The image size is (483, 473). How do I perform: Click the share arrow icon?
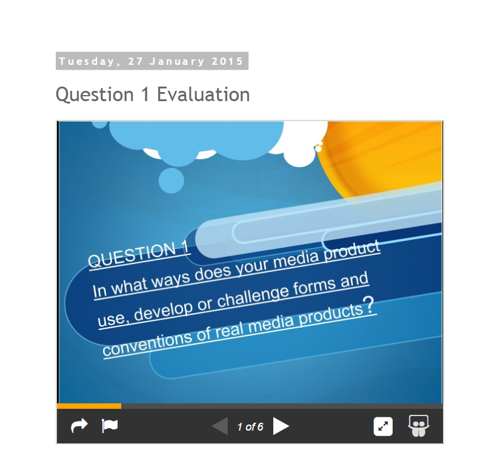pos(79,426)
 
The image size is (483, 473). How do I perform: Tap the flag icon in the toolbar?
pos(109,426)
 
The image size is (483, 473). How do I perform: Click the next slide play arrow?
pos(281,426)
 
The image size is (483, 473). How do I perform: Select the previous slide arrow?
pos(220,426)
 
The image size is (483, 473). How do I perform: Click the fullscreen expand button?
pos(383,426)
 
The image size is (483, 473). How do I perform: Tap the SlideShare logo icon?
pos(419,426)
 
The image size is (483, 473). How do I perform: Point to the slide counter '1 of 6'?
pos(250,427)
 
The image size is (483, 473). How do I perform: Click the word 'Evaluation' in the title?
pos(203,94)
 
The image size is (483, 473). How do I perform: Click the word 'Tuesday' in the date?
pos(86,61)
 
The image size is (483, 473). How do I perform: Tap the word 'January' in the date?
pos(177,61)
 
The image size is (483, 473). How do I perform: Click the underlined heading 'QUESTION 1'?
pos(139,254)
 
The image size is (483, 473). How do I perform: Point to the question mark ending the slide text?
pos(368,306)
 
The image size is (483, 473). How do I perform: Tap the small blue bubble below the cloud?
pos(172,180)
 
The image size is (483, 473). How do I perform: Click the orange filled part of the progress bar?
pos(89,406)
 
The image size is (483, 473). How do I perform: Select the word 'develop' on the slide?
pos(164,312)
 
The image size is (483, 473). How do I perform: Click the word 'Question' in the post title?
pos(95,95)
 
